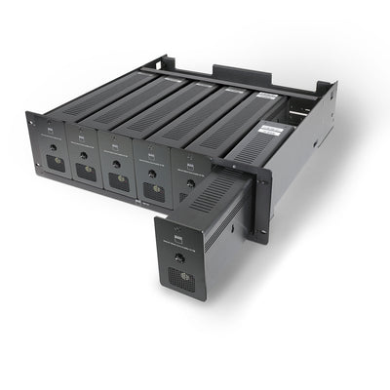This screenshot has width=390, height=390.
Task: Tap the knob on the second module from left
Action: click(84, 154)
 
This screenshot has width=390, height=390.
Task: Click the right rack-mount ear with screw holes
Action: click(258, 200)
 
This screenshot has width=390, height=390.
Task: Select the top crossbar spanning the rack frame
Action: click(234, 84)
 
